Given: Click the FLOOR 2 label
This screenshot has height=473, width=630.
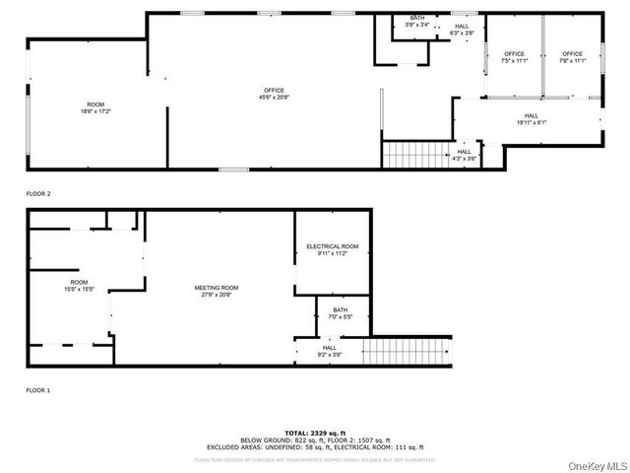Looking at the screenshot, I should pos(37,194).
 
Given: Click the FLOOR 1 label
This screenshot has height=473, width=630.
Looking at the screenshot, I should pos(37,390).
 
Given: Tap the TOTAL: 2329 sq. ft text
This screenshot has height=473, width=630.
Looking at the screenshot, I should pos(315,433).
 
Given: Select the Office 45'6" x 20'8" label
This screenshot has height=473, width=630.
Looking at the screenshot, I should pos(273,94).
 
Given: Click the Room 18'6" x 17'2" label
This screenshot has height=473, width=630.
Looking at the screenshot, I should pos(95,107).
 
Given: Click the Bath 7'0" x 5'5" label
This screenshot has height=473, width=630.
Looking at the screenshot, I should pos(339,313).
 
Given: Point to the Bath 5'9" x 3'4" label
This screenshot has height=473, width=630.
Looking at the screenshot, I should pos(417,23).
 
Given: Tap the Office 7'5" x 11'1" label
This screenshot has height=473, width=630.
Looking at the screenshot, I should pos(514,56).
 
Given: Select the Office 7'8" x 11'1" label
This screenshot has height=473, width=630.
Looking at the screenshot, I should pos(572,56).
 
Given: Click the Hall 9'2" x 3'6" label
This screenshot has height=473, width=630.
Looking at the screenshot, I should pos(329,350).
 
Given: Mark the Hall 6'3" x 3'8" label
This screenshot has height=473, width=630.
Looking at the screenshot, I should pos(462,31).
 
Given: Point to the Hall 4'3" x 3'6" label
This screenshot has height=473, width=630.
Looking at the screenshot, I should pos(465,155).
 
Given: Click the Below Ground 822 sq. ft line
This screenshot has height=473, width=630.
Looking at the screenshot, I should pos(315,439).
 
